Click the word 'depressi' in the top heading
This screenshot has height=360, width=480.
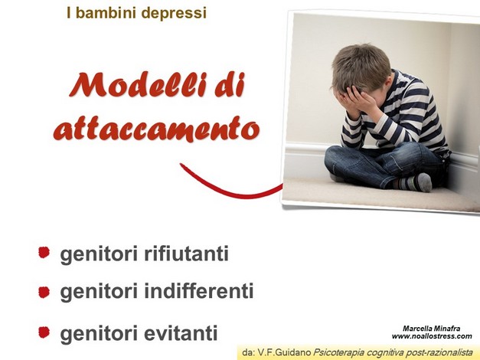(x=174, y=13)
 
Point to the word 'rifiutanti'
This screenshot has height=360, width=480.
(x=186, y=254)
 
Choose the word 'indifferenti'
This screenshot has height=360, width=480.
(x=199, y=290)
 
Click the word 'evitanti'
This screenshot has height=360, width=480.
(x=181, y=332)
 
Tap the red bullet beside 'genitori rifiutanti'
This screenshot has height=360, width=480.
(x=44, y=253)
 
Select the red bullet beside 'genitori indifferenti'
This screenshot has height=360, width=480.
(x=44, y=292)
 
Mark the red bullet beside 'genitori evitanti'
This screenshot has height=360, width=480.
(x=44, y=332)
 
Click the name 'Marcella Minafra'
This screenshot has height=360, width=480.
(x=431, y=329)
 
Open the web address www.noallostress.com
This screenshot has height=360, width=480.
(x=432, y=336)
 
